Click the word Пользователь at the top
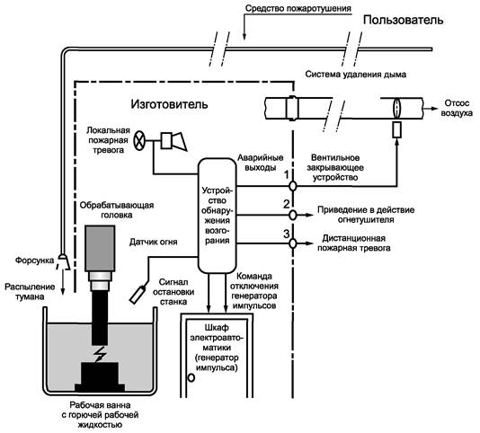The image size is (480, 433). click(403, 20)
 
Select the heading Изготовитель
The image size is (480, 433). click(169, 104)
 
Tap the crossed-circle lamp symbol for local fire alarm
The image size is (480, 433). click(139, 141)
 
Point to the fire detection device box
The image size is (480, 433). click(217, 216)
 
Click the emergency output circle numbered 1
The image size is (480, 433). click(293, 186)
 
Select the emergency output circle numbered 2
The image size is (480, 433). click(293, 215)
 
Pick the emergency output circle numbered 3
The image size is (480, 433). click(293, 243)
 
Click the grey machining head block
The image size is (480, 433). click(100, 248)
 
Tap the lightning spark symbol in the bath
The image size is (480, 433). click(100, 354)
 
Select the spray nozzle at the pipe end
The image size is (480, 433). click(64, 261)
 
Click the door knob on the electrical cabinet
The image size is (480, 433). click(191, 378)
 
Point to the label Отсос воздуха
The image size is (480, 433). click(456, 108)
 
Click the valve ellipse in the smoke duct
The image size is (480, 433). click(396, 108)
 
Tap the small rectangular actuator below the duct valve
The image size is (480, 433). click(397, 129)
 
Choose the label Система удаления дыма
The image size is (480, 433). click(356, 75)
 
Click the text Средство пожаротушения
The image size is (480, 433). click(298, 8)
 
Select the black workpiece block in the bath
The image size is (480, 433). click(100, 376)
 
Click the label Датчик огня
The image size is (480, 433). click(154, 242)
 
